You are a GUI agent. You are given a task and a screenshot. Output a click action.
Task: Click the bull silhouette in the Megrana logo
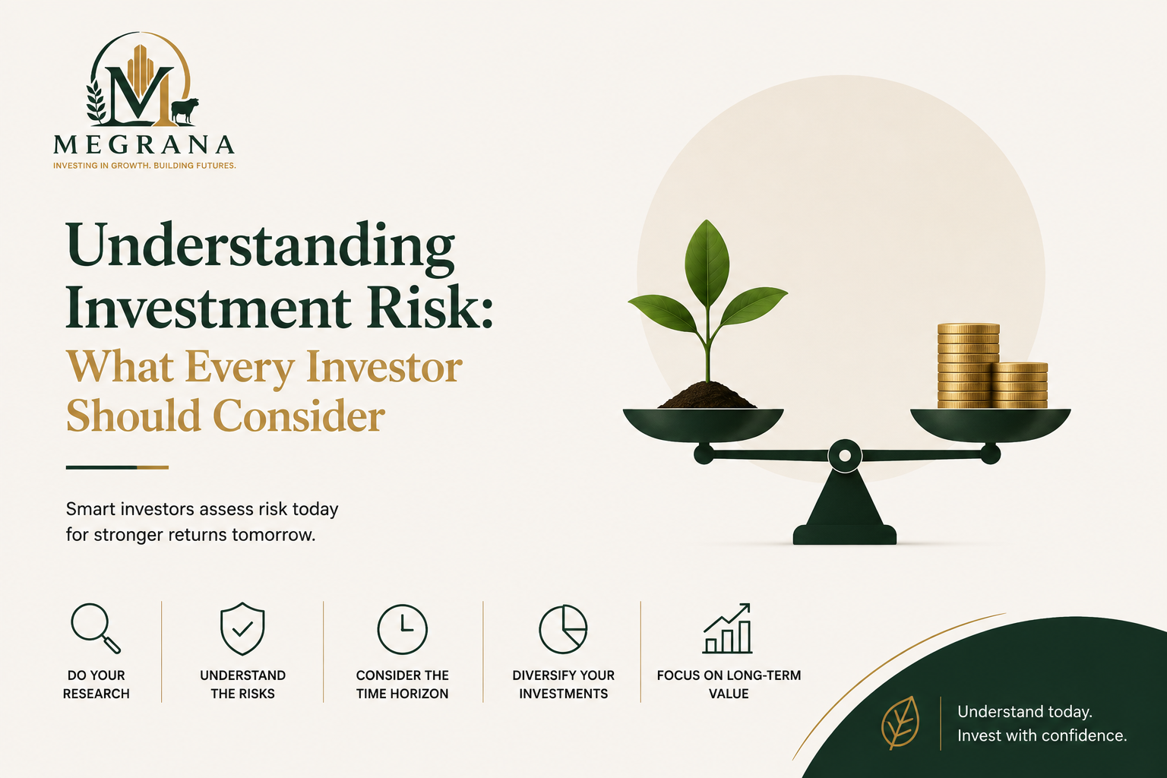[x=185, y=111]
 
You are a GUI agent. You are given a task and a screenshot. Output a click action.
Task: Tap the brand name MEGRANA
[x=144, y=144]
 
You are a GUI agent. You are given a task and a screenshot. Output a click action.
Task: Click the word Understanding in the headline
[x=260, y=246]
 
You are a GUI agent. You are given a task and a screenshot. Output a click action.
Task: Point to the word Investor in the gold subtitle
[x=384, y=368]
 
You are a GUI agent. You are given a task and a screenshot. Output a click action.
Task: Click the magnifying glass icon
[x=95, y=628]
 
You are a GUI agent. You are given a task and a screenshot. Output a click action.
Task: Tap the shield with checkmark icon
[x=243, y=628]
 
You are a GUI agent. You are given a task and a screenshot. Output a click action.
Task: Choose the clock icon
[x=402, y=629]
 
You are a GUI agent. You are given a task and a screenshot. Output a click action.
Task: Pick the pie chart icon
[x=563, y=629]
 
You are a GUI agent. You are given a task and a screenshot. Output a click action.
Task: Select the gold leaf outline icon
[x=900, y=723]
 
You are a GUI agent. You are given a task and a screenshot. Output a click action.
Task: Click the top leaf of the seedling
[x=707, y=262]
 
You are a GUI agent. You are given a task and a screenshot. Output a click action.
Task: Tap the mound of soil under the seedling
[x=707, y=396]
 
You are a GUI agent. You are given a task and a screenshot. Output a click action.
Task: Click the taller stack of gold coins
[x=967, y=365]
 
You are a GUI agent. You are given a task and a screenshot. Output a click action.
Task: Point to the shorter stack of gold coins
[x=1020, y=385]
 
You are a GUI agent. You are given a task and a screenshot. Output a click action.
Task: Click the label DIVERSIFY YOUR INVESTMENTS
[x=563, y=685]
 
